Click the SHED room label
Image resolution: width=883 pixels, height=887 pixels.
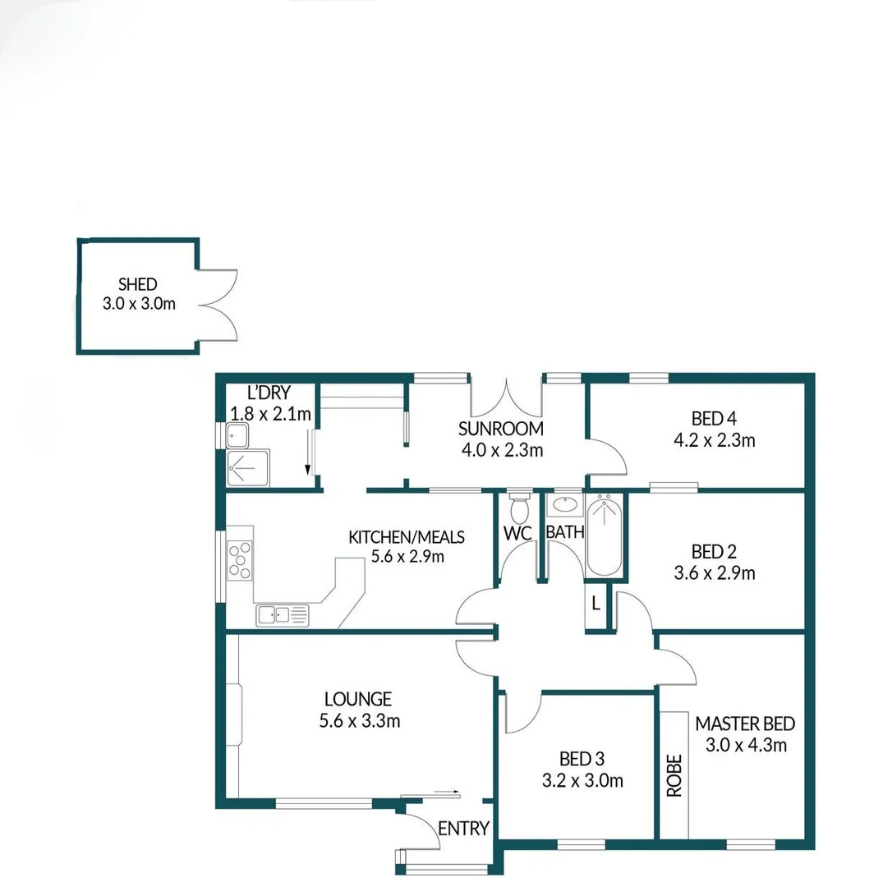(137, 285)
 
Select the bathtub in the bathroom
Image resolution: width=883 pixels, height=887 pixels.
(605, 535)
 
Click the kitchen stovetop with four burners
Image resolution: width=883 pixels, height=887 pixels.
(240, 560)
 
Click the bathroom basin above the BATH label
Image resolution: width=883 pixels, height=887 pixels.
(564, 504)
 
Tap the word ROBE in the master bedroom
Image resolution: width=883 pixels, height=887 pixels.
(674, 775)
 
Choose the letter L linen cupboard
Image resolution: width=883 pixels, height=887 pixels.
(596, 604)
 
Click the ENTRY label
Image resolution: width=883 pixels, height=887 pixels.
(463, 828)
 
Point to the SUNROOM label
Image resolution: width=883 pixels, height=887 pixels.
(501, 428)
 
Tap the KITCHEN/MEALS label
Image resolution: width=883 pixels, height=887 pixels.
(407, 537)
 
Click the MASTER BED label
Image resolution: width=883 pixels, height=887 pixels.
(745, 724)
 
